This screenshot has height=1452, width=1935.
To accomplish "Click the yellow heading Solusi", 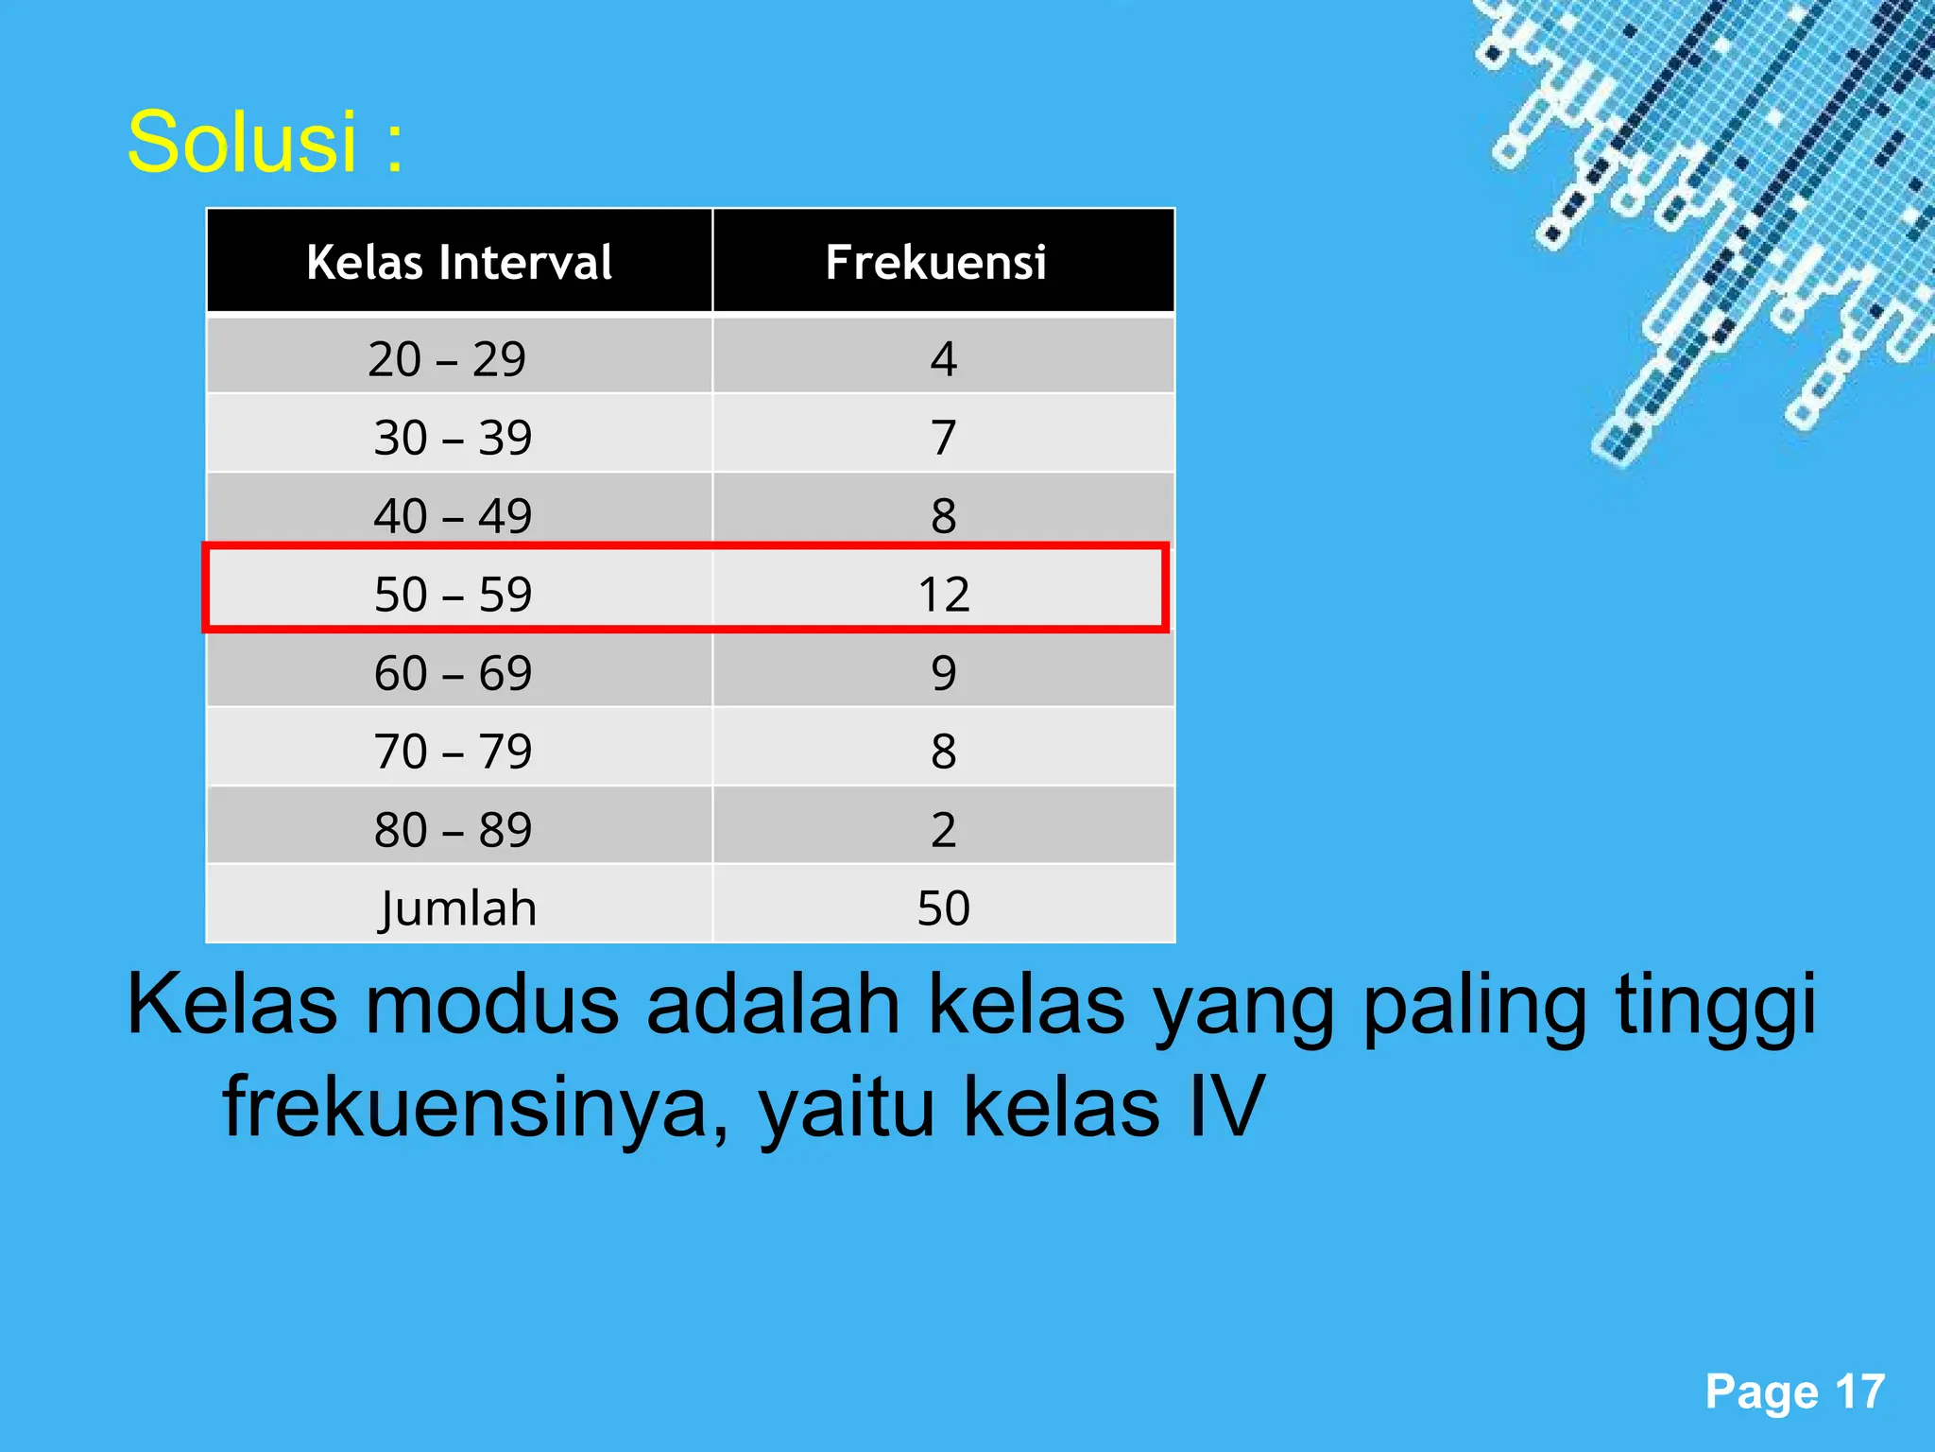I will pos(265,142).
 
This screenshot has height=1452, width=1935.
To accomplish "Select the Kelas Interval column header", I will pos(459,262).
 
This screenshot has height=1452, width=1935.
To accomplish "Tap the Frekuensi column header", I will pos(935,262).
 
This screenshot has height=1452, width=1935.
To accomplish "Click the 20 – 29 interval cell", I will pos(447,359).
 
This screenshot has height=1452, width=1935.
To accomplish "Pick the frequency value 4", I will pos(943,359).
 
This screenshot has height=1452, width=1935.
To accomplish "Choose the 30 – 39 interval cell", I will pos(453,438).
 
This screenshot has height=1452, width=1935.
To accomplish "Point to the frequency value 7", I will pos(943,438).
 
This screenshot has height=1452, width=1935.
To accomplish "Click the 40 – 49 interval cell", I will pos(453,515).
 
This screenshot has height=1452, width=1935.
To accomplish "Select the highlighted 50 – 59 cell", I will pos(453,595).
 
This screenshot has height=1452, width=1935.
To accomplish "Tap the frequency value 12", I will pos(943,595).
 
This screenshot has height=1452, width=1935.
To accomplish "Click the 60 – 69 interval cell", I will pos(453,673).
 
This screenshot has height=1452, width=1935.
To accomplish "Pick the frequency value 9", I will pos(943,673).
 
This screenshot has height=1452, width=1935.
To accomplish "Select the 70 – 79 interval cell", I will pos(453,752).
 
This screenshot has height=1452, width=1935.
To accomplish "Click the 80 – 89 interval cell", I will pos(453,830).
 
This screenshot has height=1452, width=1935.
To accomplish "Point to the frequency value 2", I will pos(943,830).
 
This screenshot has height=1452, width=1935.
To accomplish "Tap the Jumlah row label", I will pos(458,908).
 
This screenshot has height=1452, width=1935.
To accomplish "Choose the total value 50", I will pos(943,908).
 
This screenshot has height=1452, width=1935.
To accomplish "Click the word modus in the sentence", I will pos(492,1005).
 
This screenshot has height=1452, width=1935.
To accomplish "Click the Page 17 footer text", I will pos(1794,1391).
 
